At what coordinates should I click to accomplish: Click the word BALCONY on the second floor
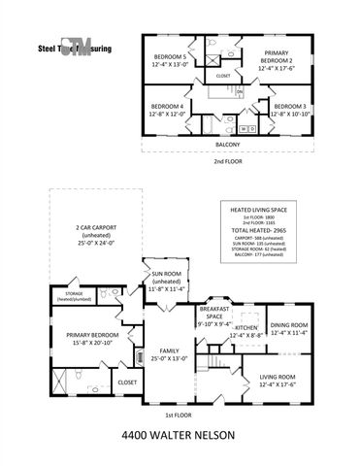pyautogui.click(x=229, y=145)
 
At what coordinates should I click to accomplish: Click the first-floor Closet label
pyautogui.click(x=128, y=383)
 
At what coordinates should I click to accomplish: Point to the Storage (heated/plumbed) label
pyautogui.click(x=75, y=294)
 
